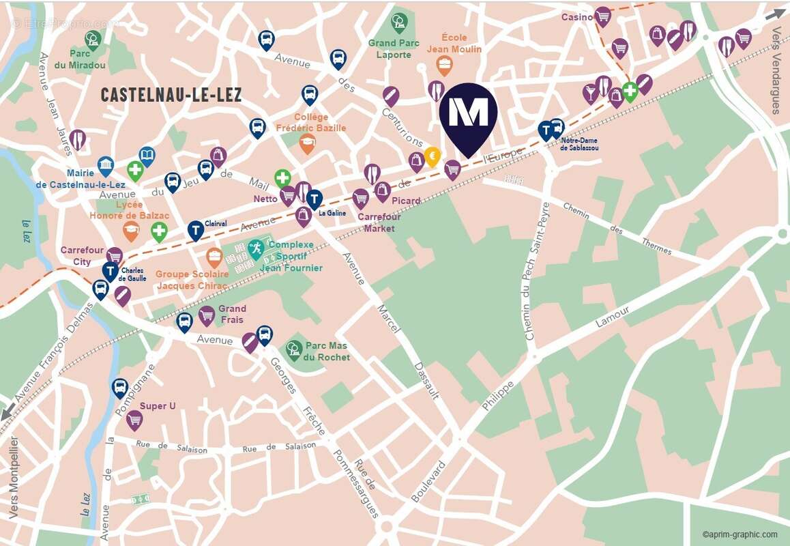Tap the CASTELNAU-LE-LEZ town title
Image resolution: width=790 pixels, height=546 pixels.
click(171, 95)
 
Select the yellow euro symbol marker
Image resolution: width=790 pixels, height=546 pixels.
click(432, 156)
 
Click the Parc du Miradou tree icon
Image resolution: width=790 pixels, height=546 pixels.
click(93, 40)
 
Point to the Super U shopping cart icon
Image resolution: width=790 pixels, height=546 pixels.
click(134, 419)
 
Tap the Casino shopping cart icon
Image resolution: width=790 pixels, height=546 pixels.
click(602, 16)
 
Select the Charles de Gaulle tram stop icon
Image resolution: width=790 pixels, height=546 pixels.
click(111, 271)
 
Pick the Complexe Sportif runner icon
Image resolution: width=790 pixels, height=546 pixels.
click(257, 248)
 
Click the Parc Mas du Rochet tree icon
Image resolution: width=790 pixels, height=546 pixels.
click(294, 349)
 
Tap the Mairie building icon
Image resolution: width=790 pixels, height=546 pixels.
click(106, 165)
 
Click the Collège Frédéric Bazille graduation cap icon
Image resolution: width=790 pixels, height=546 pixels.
click(308, 143)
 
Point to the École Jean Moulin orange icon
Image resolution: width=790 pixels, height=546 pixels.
click(444, 66)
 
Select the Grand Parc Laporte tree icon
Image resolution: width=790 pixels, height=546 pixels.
click(399, 22)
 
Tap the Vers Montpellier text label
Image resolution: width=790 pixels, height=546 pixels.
click(14, 477)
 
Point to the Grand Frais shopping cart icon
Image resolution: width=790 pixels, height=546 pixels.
click(207, 315)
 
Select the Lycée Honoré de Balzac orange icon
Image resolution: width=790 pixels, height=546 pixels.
click(131, 231)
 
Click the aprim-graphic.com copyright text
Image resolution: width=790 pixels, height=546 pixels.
click(740, 534)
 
